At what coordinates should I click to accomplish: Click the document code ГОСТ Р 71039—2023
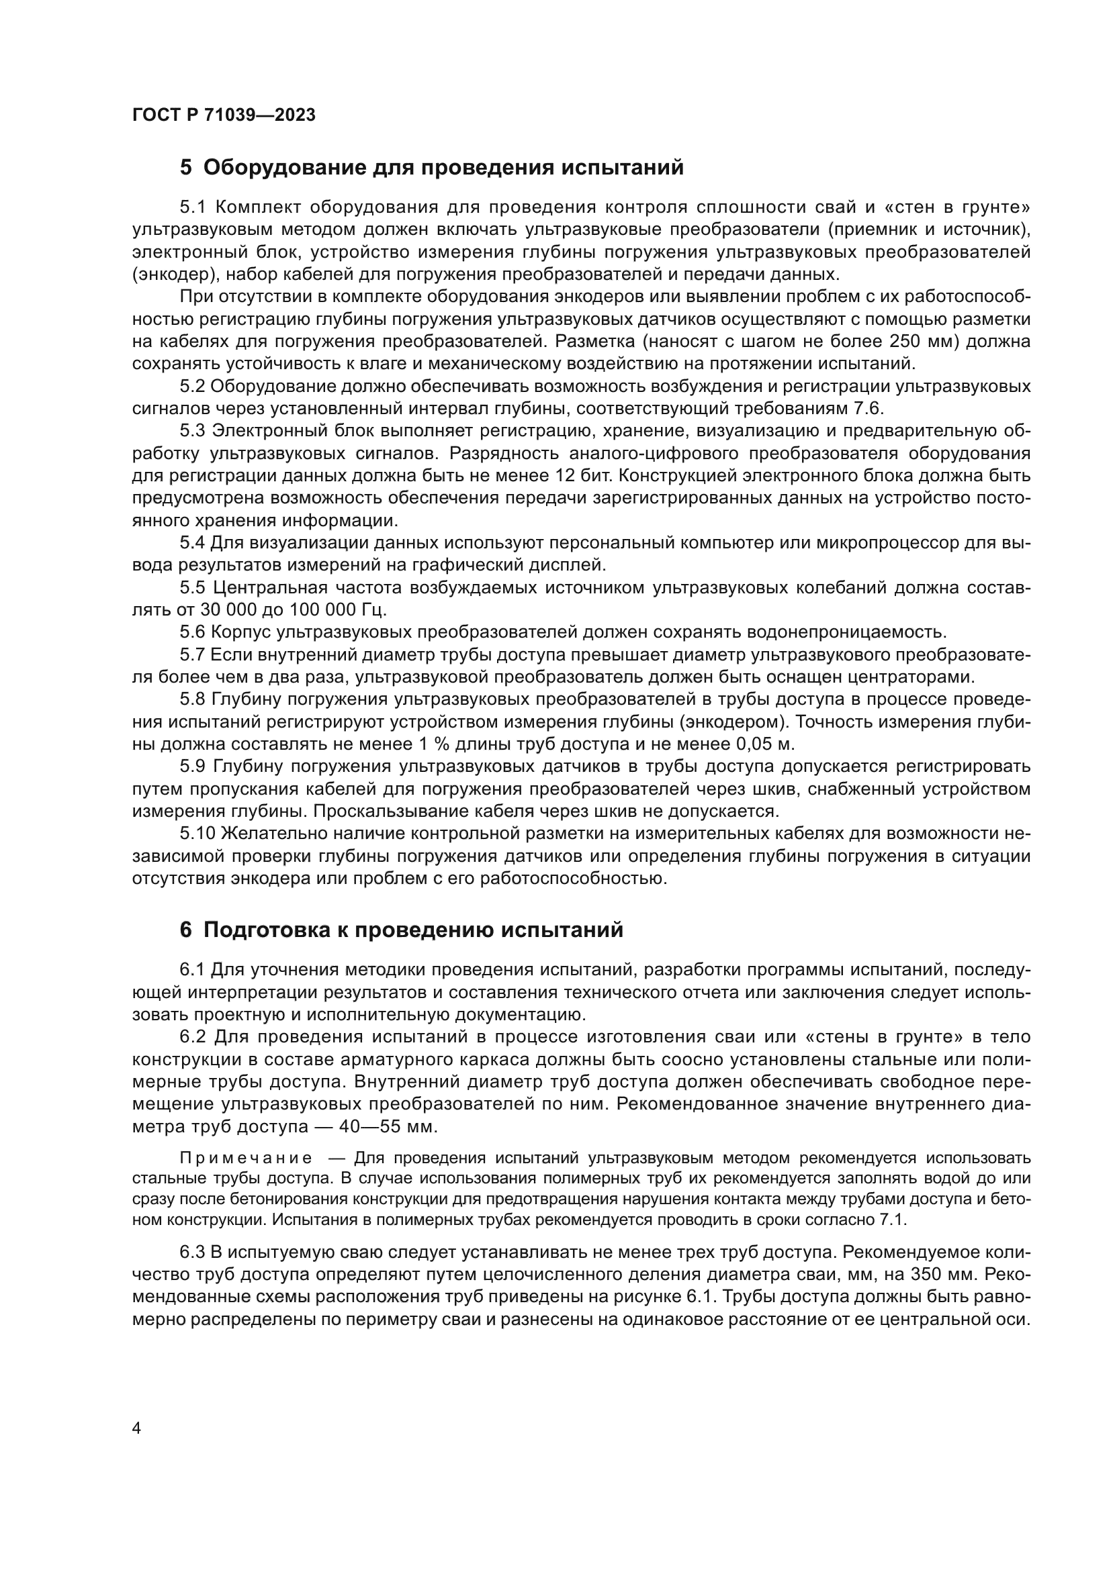(224, 115)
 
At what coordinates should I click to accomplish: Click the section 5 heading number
(186, 168)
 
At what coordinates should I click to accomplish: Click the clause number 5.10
(197, 834)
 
